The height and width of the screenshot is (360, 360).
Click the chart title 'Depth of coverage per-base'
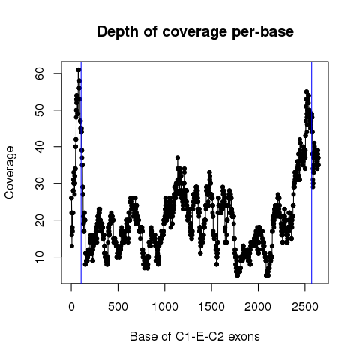195,32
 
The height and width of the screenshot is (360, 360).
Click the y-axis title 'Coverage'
9,172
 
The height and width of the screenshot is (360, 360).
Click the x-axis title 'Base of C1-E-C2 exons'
195,336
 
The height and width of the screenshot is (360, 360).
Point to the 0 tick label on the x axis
71,307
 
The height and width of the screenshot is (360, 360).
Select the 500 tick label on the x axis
118,307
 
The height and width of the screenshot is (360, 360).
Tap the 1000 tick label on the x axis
165,307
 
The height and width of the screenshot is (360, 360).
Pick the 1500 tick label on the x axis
211,307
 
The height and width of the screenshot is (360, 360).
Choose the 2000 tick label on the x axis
258,307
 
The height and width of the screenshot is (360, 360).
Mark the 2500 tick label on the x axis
305,307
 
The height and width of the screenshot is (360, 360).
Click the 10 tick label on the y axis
40,256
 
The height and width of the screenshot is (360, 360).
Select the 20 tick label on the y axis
40,220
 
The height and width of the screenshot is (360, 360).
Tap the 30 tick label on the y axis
40,183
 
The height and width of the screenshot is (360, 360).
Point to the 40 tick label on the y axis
40,146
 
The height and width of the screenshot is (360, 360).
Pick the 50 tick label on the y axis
40,110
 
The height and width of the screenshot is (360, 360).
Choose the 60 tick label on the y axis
40,73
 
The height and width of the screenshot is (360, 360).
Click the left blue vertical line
81,172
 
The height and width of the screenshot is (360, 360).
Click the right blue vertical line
312,172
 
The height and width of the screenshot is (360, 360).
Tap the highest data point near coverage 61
79,70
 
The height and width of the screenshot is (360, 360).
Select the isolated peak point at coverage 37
178,157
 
